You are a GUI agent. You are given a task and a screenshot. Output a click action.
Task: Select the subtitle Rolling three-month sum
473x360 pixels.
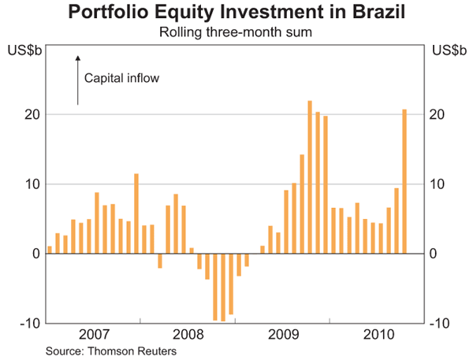(236, 32)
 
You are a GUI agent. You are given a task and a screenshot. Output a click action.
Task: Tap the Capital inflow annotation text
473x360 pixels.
(121, 79)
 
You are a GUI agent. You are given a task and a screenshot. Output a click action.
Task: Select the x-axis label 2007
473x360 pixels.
(95, 334)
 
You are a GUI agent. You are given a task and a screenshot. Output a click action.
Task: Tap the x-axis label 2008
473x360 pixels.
(189, 334)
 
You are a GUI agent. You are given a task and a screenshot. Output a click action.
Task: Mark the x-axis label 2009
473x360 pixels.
(283, 334)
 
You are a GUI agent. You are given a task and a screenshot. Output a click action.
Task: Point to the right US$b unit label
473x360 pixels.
(447, 51)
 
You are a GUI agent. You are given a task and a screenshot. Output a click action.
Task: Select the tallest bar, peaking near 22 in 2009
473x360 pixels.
(310, 176)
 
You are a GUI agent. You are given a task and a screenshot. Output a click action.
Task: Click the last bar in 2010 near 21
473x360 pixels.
(404, 181)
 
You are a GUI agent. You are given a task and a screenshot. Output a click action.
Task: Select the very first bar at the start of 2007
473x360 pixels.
(50, 250)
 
